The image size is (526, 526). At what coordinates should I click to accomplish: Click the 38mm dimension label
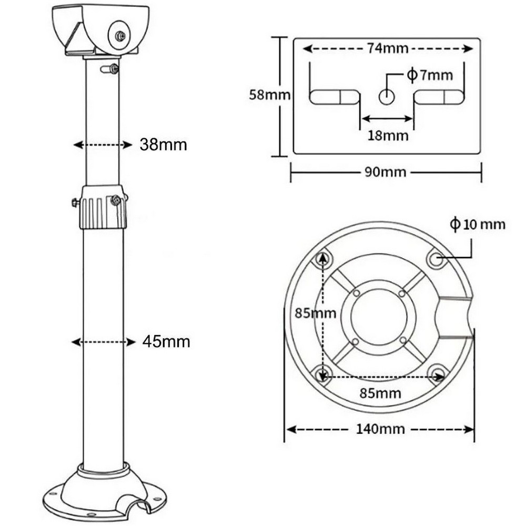pyautogui.click(x=163, y=145)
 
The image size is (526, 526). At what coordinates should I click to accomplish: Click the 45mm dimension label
pyautogui.click(x=166, y=341)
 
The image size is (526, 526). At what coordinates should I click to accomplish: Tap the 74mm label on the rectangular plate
pyautogui.click(x=388, y=48)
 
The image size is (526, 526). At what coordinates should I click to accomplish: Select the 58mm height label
pyautogui.click(x=269, y=95)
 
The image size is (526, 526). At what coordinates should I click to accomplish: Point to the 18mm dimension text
pyautogui.click(x=388, y=136)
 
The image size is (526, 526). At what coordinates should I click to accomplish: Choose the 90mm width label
pyautogui.click(x=386, y=172)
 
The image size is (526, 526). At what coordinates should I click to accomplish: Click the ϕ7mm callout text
pyautogui.click(x=430, y=75)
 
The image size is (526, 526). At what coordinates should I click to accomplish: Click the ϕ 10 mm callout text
pyautogui.click(x=478, y=224)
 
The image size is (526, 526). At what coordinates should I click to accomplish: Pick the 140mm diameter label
pyautogui.click(x=380, y=429)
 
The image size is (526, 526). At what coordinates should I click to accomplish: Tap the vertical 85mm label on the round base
pyautogui.click(x=315, y=313)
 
